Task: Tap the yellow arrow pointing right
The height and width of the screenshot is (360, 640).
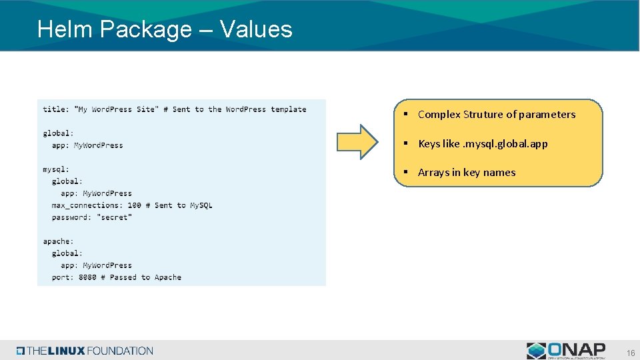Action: coord(357,142)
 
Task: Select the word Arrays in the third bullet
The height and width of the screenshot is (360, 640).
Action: coord(433,173)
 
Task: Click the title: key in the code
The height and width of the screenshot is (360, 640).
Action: coord(56,109)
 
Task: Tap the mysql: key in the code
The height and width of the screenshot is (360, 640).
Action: coord(56,169)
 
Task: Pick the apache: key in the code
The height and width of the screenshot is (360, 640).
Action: coord(58,241)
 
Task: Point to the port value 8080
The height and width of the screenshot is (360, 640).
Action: coord(87,277)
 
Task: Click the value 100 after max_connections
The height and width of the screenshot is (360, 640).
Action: coord(134,205)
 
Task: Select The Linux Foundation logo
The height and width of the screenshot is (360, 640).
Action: coord(85,351)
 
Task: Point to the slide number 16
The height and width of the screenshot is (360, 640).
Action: coord(630,352)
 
